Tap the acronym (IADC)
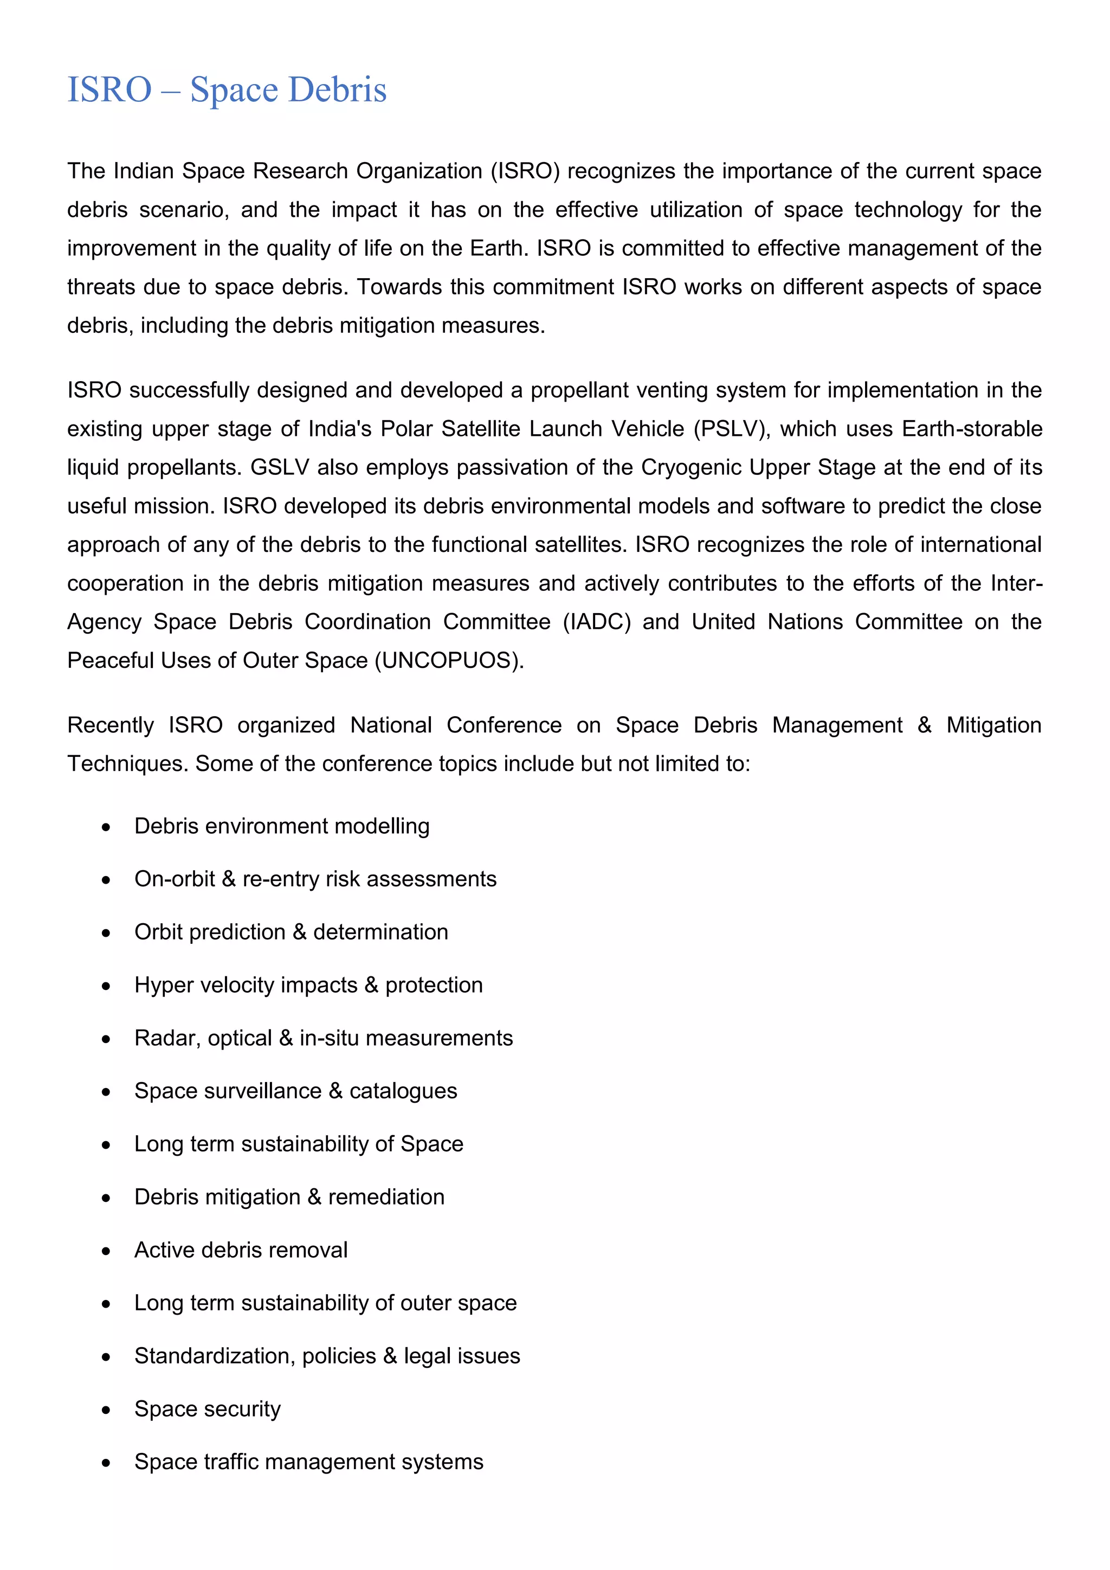point(597,622)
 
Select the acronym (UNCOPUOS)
point(449,660)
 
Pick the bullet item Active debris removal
point(241,1250)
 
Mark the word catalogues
point(403,1091)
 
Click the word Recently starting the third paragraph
point(111,725)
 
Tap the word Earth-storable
point(972,429)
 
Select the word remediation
point(386,1198)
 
